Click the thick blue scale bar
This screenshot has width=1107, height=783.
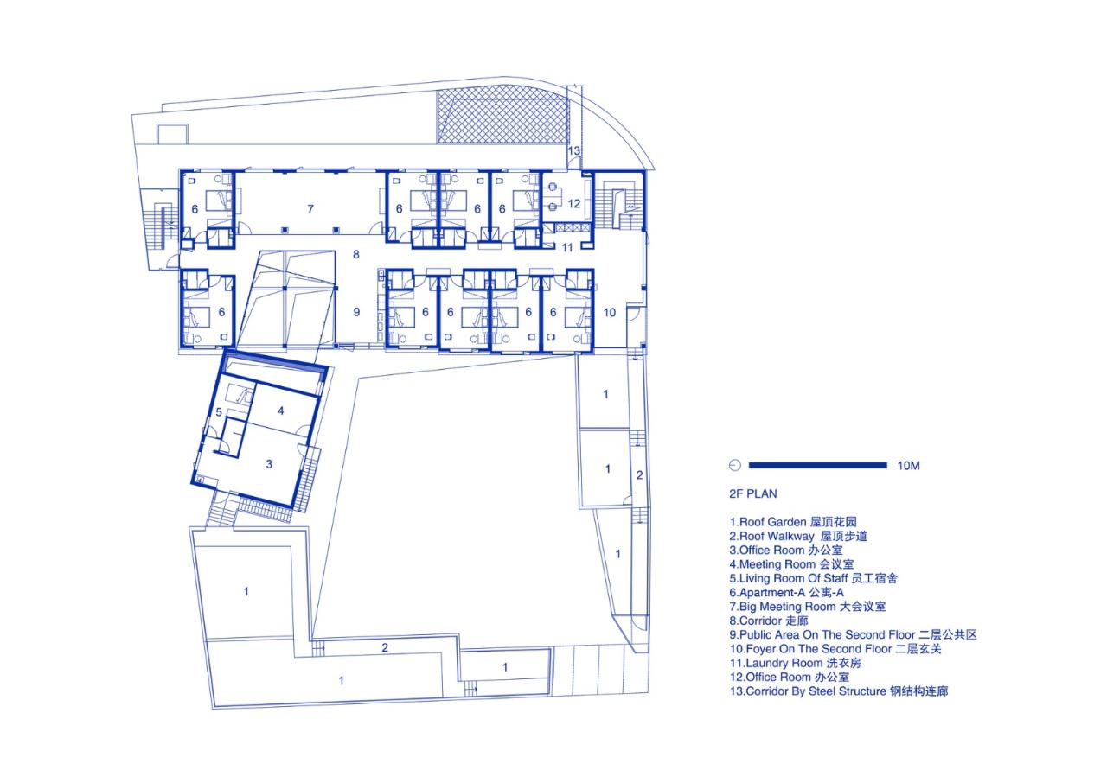(818, 465)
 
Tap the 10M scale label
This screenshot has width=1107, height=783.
(908, 466)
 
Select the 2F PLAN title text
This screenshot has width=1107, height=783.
(753, 493)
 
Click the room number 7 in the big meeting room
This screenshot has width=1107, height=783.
(310, 209)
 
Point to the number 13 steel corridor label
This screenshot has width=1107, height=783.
(573, 150)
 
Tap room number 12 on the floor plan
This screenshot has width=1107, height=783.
(573, 203)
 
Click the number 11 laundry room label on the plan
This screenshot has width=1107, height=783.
(567, 248)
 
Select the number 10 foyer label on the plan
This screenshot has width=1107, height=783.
(610, 313)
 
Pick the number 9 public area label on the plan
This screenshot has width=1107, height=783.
(356, 312)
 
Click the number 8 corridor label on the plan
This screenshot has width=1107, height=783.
(355, 255)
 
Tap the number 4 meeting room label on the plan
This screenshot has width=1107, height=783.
(281, 411)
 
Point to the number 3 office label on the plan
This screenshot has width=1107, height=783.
(269, 464)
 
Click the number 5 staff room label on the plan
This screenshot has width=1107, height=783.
(219, 412)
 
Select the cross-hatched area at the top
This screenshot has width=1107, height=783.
(503, 115)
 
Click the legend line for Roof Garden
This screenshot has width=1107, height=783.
(793, 522)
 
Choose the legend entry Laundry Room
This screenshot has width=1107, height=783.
(795, 663)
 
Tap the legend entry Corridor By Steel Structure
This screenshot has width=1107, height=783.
(839, 691)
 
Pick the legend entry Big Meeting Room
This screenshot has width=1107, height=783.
(808, 607)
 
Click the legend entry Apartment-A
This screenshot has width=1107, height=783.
(786, 592)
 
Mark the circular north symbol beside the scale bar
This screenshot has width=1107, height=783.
(735, 465)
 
